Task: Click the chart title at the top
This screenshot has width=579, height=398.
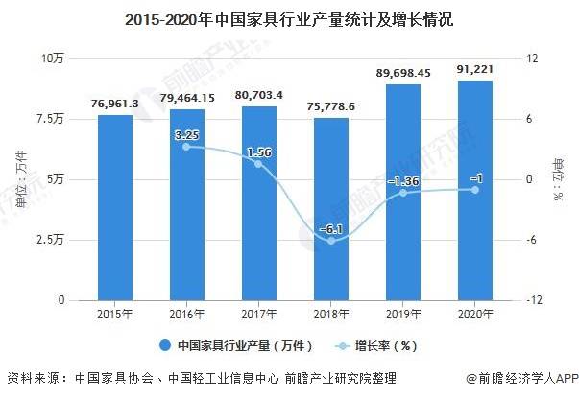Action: [290, 18]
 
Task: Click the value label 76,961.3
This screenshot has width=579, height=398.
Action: [115, 104]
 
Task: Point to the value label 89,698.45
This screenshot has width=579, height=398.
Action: [403, 73]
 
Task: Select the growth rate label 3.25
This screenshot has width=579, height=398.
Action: [187, 135]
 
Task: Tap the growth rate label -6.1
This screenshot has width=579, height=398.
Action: [331, 229]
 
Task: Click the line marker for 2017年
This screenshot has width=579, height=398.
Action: [259, 164]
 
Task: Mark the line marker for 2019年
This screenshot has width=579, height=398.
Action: [403, 193]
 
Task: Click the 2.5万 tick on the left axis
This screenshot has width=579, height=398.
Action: [49, 239]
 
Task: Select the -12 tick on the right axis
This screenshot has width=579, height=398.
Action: [526, 299]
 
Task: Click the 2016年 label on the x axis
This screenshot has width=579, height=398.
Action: [187, 313]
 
